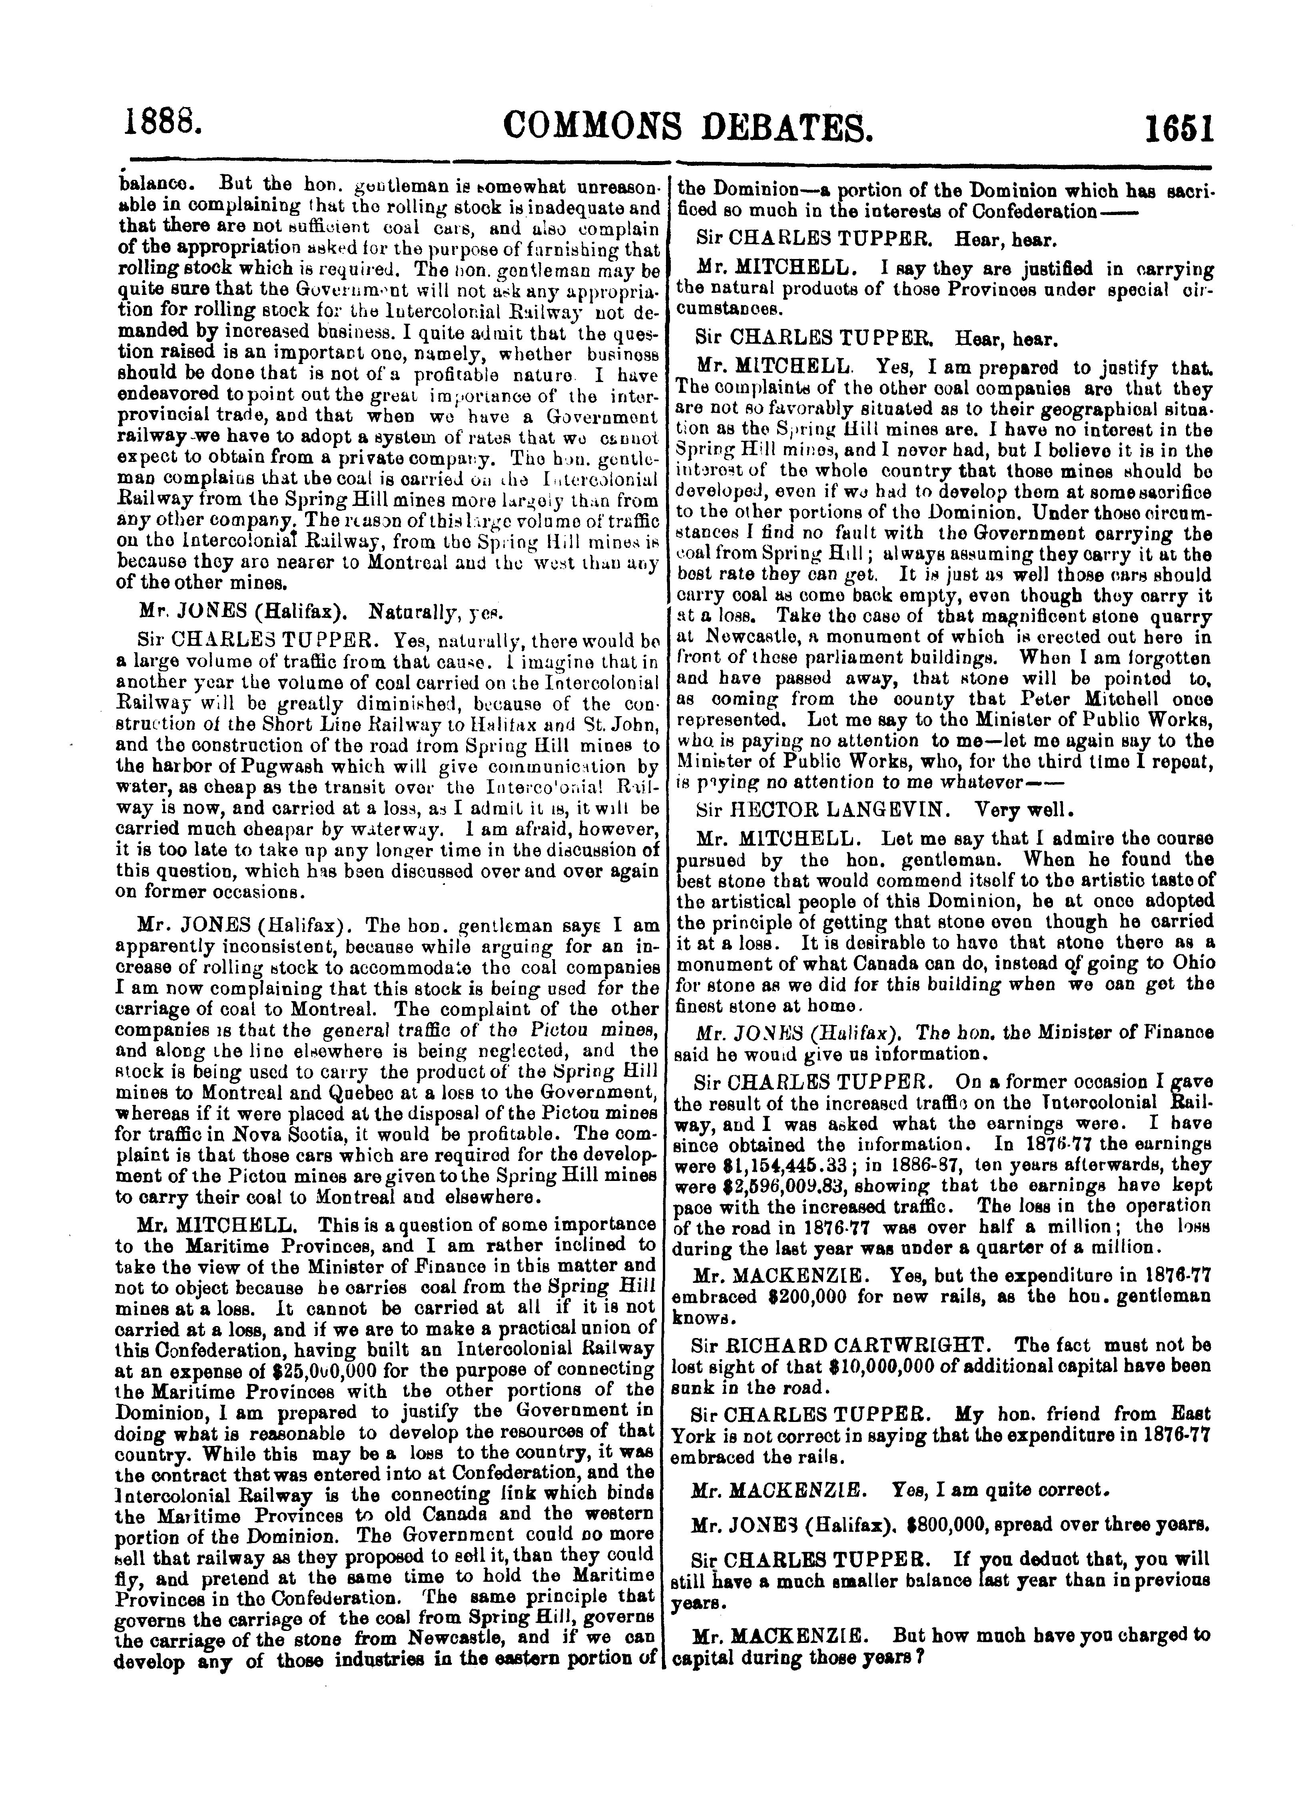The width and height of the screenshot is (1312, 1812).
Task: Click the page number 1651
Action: pyautogui.click(x=1178, y=128)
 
